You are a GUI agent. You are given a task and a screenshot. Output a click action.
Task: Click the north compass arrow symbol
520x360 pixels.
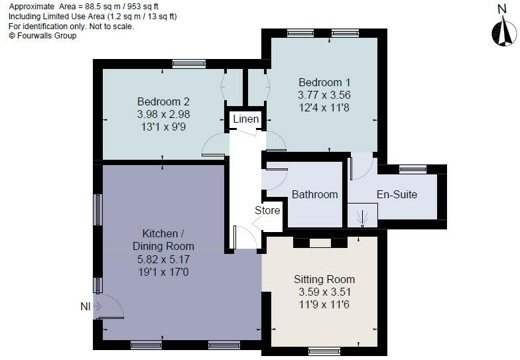pos(502,31)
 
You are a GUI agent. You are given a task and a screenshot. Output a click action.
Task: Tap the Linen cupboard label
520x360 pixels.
pos(245,119)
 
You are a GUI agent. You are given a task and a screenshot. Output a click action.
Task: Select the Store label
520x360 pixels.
pos(268,210)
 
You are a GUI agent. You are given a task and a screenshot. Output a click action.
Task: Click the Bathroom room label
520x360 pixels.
pos(314,195)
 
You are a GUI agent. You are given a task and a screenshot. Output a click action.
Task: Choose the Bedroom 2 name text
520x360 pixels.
pos(163,101)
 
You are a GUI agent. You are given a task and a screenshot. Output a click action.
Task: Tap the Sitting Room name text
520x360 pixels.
pos(324,279)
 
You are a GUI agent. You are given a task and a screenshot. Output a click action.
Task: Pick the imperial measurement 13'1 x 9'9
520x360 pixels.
pos(163,127)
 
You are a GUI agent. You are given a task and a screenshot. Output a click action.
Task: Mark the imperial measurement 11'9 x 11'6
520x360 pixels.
pos(324,304)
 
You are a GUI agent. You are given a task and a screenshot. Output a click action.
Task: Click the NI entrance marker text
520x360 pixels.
pos(86,306)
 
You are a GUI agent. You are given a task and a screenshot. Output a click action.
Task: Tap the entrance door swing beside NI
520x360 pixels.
pos(111,307)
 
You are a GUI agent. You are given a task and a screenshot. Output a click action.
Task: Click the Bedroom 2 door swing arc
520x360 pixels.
pos(214,145)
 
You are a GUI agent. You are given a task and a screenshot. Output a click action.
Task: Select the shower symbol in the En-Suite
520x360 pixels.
pos(362,215)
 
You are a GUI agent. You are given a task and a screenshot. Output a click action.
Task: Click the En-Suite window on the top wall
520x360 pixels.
pos(412,168)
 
